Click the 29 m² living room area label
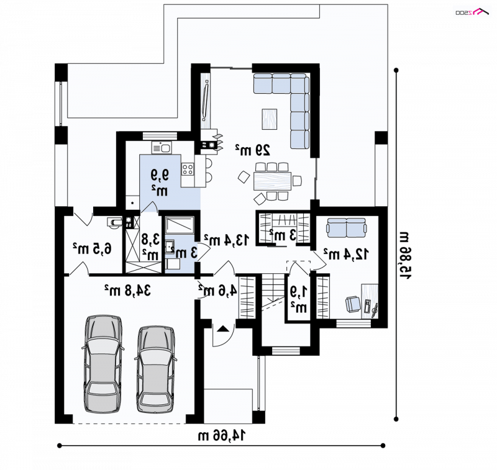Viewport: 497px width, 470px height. click(x=253, y=150)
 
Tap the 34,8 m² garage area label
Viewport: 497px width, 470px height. click(x=128, y=290)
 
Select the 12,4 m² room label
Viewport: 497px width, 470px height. click(x=346, y=254)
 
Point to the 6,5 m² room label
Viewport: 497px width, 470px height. click(x=92, y=248)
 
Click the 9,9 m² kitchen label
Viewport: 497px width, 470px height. click(x=160, y=182)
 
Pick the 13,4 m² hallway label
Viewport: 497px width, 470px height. click(x=226, y=240)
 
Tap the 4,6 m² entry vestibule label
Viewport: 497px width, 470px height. click(x=217, y=290)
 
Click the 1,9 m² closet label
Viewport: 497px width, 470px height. click(x=299, y=299)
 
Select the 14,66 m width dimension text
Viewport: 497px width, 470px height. click(x=222, y=436)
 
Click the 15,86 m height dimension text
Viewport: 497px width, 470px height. click(x=405, y=255)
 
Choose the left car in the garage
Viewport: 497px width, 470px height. click(x=103, y=364)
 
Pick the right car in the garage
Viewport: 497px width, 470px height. click(x=156, y=369)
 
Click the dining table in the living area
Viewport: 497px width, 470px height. click(x=272, y=181)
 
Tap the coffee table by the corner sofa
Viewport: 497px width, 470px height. click(x=270, y=119)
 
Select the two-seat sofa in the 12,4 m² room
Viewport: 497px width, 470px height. click(x=347, y=227)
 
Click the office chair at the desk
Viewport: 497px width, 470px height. click(x=353, y=304)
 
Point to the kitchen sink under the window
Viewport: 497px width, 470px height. click(x=162, y=148)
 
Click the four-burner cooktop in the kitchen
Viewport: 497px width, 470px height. click(x=188, y=169)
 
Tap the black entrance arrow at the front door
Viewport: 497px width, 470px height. click(x=223, y=328)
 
